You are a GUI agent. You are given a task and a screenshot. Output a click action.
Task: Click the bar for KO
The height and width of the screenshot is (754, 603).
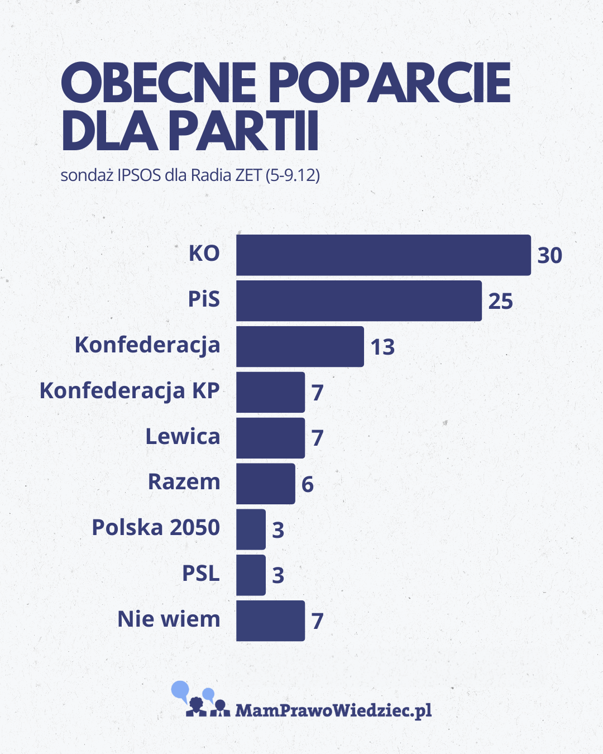[383, 255]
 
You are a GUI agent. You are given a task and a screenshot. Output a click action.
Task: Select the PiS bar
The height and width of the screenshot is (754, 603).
[358, 301]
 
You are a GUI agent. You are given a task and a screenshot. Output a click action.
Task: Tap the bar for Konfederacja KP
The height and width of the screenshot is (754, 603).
[270, 392]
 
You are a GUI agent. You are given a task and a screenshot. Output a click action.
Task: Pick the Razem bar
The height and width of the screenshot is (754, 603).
[265, 484]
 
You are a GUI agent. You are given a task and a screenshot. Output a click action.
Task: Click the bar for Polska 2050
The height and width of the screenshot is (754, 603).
[251, 529]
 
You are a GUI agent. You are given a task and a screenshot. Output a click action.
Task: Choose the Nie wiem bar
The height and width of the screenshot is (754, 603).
[270, 621]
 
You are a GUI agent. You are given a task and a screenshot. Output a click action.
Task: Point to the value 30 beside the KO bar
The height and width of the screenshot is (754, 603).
[549, 256]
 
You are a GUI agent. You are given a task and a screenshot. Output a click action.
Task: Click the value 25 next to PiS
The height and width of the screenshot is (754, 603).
[500, 302]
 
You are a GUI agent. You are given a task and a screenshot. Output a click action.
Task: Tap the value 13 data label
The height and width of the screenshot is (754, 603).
[382, 347]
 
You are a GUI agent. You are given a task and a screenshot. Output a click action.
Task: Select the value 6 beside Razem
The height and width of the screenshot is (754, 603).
[307, 484]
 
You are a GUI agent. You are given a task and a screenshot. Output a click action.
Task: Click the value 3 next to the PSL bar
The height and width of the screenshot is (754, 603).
[278, 575]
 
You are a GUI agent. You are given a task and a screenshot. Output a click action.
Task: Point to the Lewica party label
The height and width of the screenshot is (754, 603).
[183, 437]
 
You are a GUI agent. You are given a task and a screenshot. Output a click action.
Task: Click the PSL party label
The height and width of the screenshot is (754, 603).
[201, 574]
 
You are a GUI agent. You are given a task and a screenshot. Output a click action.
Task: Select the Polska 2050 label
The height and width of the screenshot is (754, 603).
[156, 528]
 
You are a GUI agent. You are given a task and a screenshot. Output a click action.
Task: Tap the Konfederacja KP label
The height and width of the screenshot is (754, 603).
[130, 391]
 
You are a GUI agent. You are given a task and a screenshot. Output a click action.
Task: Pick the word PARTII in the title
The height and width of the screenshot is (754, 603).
[243, 132]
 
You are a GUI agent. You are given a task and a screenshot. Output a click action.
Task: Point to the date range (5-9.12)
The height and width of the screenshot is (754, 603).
[293, 175]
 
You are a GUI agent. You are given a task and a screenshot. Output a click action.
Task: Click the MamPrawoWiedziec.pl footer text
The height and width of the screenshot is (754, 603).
[333, 710]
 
